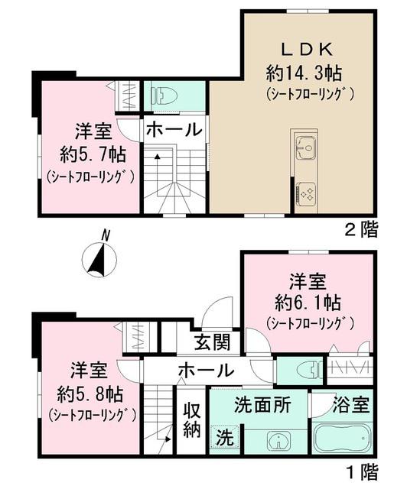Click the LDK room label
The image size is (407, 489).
(309, 49)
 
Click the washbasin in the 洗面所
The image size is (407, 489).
(278, 442)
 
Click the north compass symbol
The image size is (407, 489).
(99, 257)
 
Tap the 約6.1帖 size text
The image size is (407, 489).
(309, 300)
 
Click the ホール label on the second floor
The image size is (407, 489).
(174, 129)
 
